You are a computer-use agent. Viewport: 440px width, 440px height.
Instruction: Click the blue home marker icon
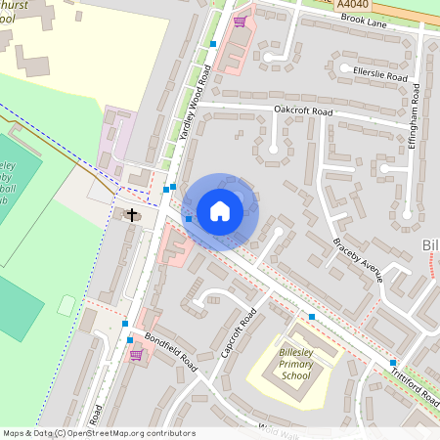(x=220, y=211)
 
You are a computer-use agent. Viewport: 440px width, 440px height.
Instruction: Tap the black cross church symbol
(x=133, y=213)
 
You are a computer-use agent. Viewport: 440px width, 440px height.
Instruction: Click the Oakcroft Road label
(x=303, y=111)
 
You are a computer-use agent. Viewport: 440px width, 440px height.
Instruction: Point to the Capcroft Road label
(x=239, y=332)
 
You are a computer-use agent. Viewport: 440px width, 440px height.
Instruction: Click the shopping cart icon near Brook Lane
(x=240, y=21)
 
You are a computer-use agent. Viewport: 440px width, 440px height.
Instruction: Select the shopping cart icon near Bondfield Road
(x=135, y=354)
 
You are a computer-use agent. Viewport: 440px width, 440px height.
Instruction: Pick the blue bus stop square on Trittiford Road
(x=393, y=362)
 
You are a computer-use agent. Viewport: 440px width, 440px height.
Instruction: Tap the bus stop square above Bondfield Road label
(x=125, y=324)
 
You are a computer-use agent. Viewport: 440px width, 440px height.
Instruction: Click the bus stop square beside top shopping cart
(x=213, y=44)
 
